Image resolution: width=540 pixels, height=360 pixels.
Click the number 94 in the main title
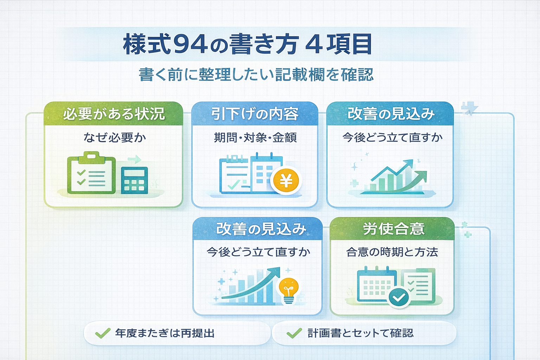point(190,44)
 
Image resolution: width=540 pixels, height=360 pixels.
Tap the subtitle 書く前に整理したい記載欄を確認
point(256,75)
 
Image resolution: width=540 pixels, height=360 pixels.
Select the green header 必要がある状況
point(114,114)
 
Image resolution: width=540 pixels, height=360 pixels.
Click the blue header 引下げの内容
point(255,114)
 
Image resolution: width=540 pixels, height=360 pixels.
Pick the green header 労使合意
point(393,229)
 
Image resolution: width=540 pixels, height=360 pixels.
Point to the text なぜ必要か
point(114,137)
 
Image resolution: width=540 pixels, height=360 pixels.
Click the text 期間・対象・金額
point(255,137)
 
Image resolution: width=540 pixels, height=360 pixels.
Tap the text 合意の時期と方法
point(392,252)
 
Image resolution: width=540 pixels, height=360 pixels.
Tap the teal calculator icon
point(134,180)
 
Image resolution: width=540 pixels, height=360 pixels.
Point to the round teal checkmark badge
point(399,298)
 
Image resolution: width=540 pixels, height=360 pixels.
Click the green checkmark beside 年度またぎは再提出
point(103,333)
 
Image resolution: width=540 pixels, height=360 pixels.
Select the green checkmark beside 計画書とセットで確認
point(294,333)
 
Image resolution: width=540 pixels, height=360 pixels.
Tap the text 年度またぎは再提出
point(165,333)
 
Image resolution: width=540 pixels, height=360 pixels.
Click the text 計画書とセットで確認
point(360,333)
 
